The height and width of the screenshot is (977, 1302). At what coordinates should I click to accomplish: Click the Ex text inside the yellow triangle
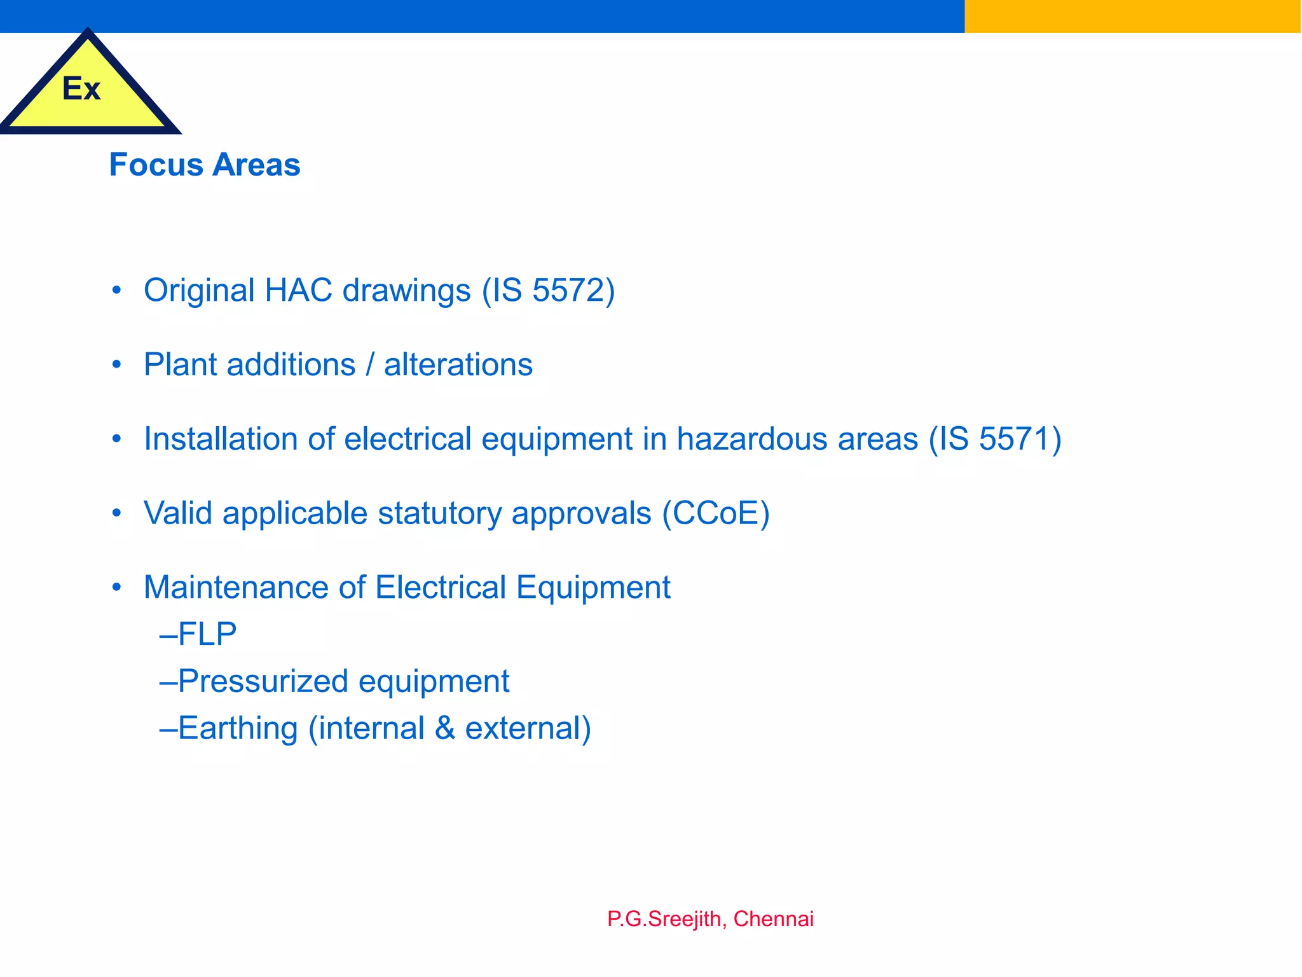(81, 88)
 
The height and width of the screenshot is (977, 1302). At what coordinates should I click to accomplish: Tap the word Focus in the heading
(156, 165)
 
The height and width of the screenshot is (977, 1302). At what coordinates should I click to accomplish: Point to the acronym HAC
(298, 291)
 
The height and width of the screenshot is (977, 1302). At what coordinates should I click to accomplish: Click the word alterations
(458, 365)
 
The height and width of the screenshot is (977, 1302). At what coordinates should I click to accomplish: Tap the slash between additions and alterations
(369, 365)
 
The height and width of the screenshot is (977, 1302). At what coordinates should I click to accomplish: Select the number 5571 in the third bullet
(1015, 440)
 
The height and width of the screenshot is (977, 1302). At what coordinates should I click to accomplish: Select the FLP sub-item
(206, 634)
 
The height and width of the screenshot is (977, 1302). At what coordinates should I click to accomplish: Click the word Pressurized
(263, 681)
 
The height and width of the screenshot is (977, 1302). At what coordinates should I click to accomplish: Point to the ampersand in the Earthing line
(445, 728)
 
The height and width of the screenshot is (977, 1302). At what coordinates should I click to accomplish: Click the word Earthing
(238, 728)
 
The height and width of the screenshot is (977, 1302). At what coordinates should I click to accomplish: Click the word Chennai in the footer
(773, 919)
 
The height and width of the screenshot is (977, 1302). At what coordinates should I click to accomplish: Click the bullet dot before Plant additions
(116, 365)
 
